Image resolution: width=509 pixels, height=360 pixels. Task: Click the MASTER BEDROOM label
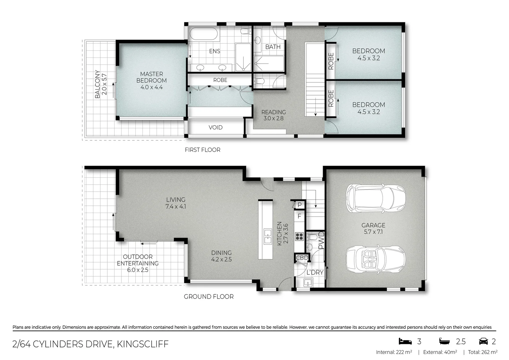point(151,80)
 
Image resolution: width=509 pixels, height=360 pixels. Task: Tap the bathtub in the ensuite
point(204,34)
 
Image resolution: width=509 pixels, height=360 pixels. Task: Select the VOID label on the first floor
point(215,127)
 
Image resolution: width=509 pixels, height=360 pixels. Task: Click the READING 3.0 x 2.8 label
point(273,115)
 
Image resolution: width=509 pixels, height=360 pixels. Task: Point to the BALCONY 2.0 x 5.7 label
point(100,84)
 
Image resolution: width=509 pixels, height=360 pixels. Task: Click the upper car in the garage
point(375,198)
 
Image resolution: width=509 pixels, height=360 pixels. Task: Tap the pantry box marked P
point(299,205)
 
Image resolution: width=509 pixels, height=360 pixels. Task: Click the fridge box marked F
point(299,216)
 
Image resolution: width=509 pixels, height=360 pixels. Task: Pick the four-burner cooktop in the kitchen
point(299,236)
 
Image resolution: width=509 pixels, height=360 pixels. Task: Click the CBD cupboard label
point(302,258)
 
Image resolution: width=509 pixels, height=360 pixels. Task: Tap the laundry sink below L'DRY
point(308,283)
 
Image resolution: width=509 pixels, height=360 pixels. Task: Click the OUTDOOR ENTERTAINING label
point(138,263)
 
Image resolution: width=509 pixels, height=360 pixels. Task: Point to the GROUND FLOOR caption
point(209,296)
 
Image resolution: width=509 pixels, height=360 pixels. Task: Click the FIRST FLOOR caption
point(202,150)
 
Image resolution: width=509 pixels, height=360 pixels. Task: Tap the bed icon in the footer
point(405,341)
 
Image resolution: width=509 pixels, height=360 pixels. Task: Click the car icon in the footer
point(483,341)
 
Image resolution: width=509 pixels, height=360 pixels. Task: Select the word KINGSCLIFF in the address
point(142,344)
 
